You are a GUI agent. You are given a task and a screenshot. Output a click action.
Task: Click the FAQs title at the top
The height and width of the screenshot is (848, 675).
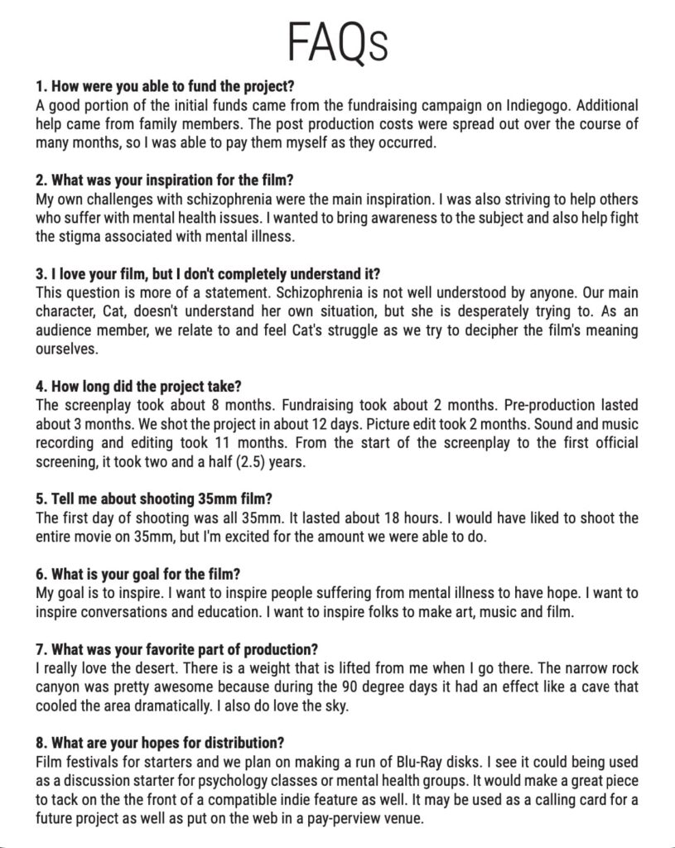[x=337, y=41]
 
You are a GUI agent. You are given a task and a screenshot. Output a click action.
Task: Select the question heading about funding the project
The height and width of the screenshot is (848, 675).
[x=166, y=86]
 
